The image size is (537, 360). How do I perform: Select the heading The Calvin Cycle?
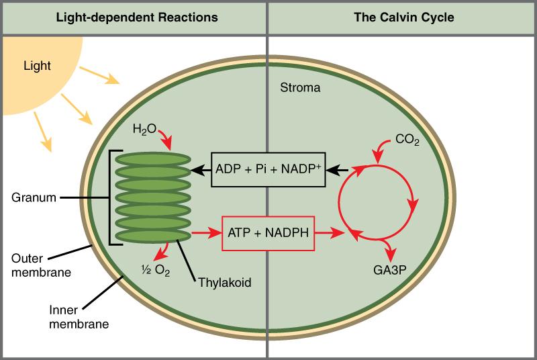403,17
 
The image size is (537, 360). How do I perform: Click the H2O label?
144,127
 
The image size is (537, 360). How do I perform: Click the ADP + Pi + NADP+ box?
268,169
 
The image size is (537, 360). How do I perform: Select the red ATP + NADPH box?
269,234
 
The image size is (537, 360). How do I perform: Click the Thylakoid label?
224,283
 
